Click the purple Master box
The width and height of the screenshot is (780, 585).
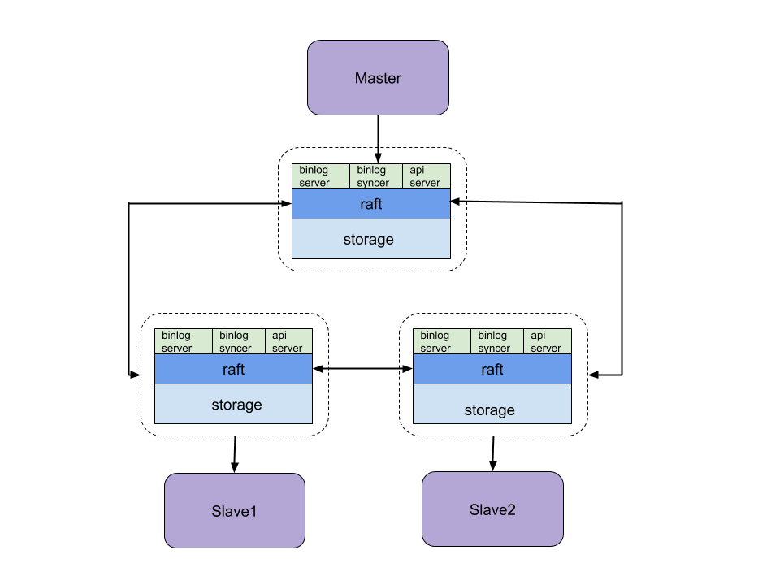tap(378, 78)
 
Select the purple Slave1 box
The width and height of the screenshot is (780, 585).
tap(234, 511)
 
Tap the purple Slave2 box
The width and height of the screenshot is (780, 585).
tap(492, 509)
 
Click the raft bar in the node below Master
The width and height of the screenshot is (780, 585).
tap(370, 204)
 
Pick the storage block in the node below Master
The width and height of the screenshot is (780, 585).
tap(370, 240)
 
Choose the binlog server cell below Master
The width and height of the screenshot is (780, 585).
tap(320, 176)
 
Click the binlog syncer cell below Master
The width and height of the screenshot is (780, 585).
tap(375, 176)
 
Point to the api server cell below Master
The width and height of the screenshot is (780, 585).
tap(426, 176)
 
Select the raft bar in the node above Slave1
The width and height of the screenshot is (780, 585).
tap(233, 369)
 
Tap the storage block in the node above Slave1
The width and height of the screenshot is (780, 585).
tap(233, 404)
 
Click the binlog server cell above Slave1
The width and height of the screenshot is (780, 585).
tap(183, 341)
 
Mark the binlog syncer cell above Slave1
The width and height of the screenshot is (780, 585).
tap(238, 341)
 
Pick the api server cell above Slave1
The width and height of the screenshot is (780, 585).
tap(288, 341)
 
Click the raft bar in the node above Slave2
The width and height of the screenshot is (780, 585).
tap(492, 369)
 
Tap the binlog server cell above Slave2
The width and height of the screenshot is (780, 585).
tap(441, 341)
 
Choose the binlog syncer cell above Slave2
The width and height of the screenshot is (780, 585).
tap(496, 341)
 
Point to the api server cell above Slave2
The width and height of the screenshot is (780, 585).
tap(547, 341)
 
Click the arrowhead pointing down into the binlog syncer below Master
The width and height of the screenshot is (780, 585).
tap(378, 158)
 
